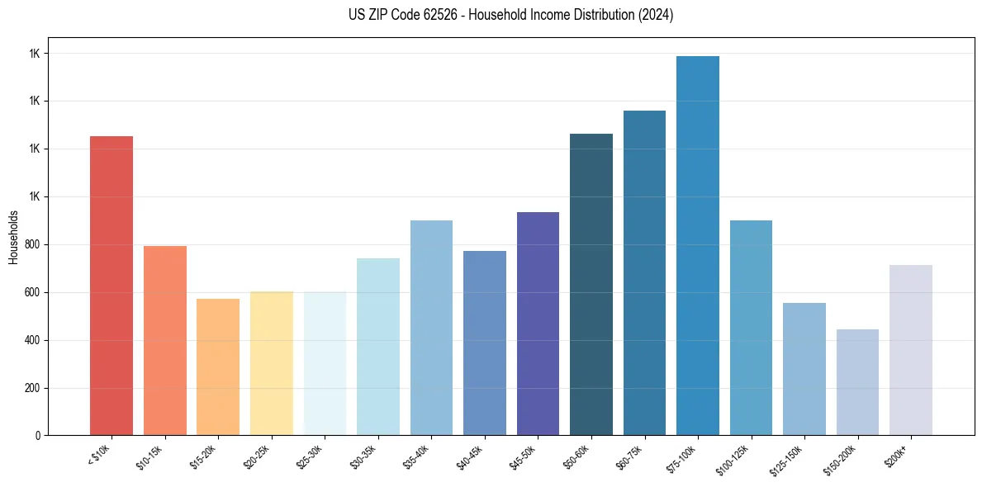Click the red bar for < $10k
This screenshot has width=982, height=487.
click(x=111, y=286)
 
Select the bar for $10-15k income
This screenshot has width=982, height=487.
click(x=164, y=340)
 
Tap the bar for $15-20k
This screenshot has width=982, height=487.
click(x=218, y=366)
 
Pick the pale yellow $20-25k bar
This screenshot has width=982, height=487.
click(x=272, y=363)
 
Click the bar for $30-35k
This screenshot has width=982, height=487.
click(x=378, y=347)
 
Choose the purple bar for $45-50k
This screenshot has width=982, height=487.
click(x=538, y=324)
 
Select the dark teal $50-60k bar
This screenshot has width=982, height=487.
click(x=591, y=284)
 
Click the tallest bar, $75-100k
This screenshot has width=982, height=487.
click(x=698, y=245)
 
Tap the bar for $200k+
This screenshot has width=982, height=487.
click(x=911, y=350)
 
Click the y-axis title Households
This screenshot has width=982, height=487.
click(x=14, y=237)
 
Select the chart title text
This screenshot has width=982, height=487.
click(x=490, y=15)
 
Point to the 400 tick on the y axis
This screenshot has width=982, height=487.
click(x=31, y=340)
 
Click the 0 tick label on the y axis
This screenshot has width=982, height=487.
click(x=37, y=436)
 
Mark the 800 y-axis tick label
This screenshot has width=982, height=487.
click(x=31, y=245)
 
